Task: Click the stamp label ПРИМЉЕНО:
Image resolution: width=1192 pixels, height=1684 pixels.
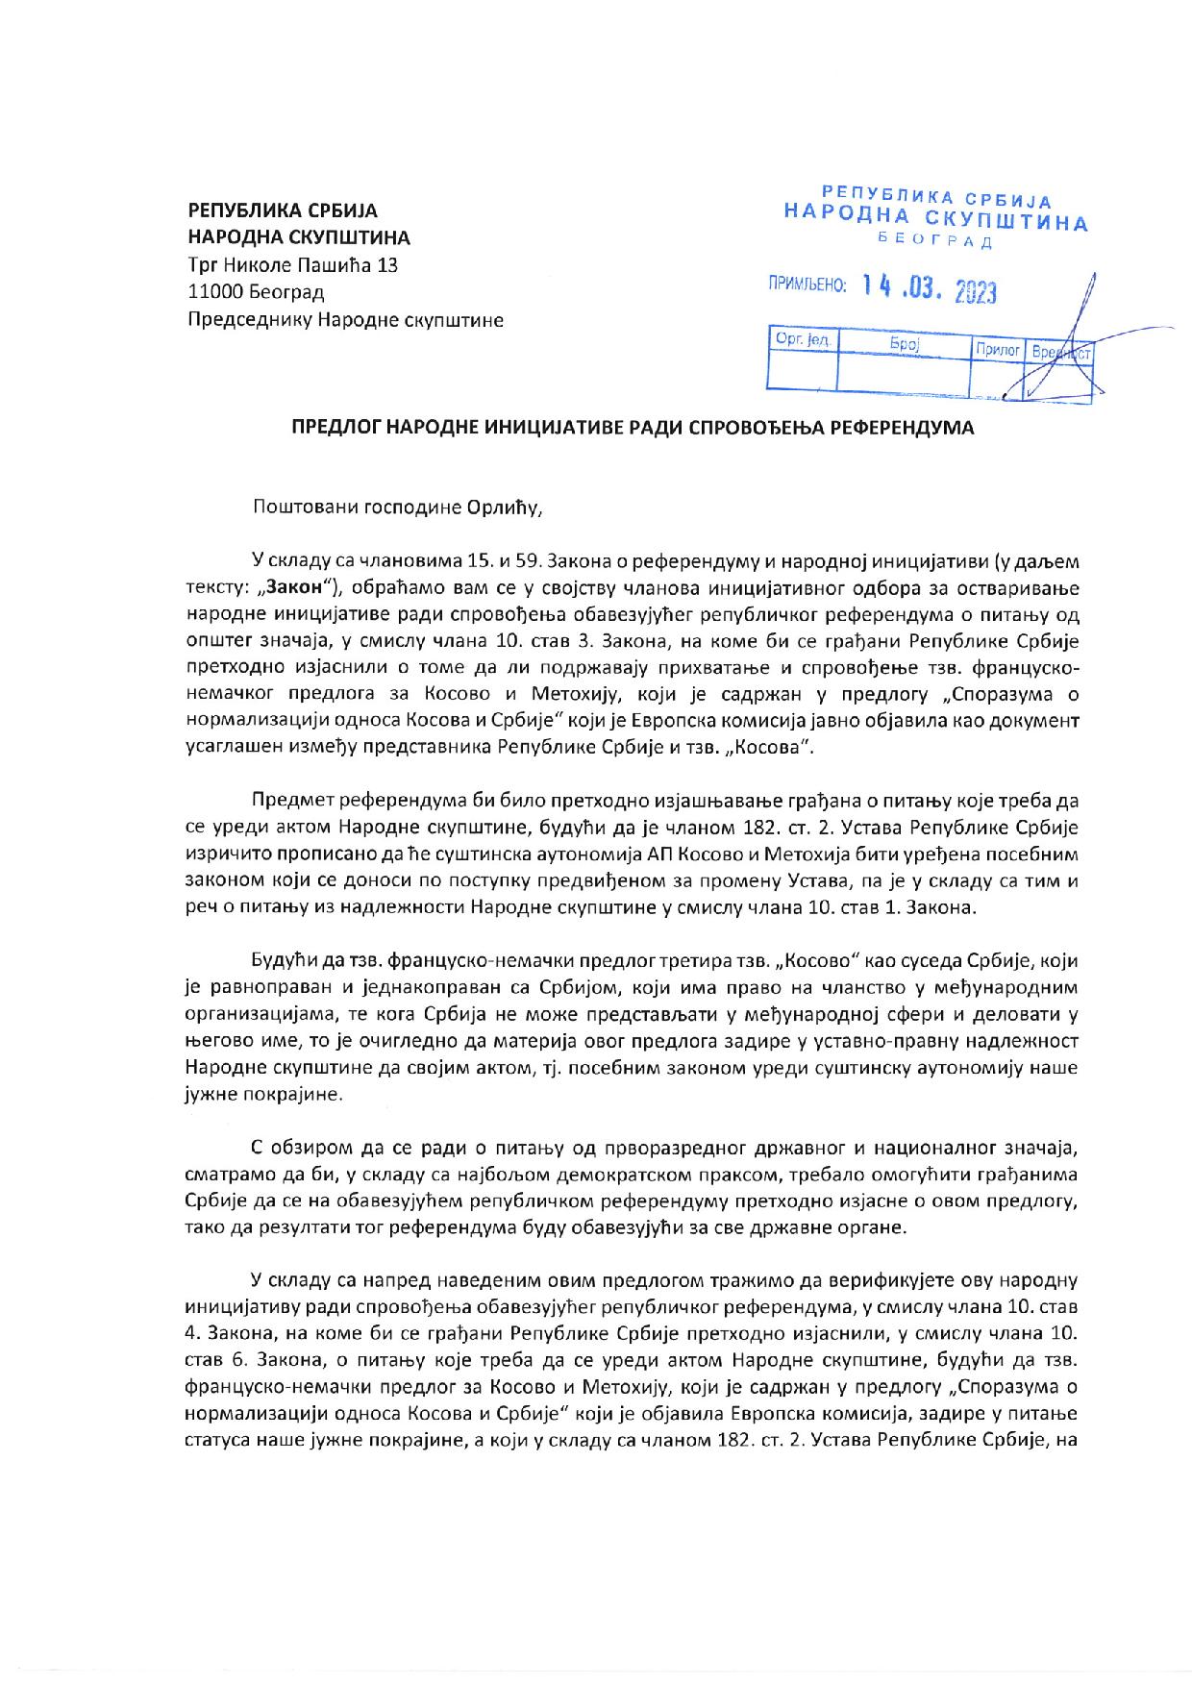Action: (806, 285)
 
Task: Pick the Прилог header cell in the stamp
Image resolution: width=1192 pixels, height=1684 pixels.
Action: (997, 350)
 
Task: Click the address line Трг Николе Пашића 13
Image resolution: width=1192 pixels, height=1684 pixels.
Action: (291, 265)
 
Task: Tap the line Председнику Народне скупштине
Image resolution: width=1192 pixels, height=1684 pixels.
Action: (346, 319)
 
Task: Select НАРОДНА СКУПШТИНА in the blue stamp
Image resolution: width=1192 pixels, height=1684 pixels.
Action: (936, 218)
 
